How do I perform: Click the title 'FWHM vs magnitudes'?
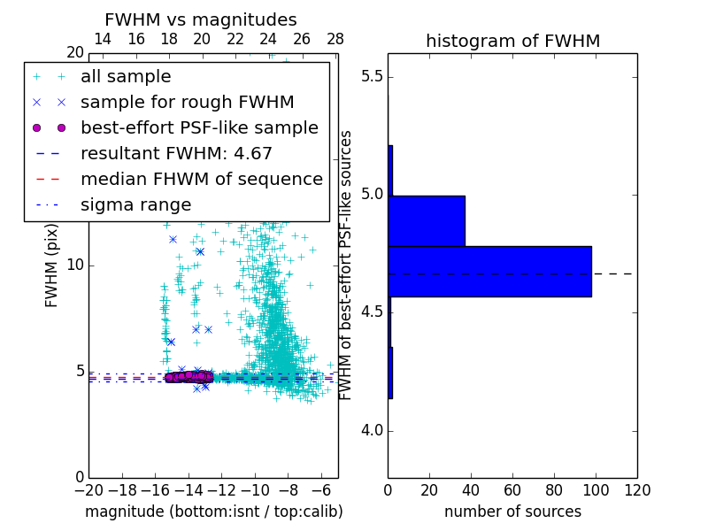tap(201, 19)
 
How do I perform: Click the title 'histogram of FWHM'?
tap(512, 41)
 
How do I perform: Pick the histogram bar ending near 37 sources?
tap(427, 220)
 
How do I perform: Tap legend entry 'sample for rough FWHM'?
tap(187, 102)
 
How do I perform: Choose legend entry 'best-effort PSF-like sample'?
tap(199, 127)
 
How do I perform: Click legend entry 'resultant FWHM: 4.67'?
tap(176, 153)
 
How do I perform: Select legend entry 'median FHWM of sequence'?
tap(201, 179)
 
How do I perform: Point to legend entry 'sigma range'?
tap(135, 204)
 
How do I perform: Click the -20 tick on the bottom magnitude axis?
tap(88, 490)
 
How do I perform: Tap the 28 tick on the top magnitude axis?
tap(335, 39)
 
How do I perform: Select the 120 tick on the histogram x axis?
tap(637, 490)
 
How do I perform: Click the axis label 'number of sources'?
tap(512, 512)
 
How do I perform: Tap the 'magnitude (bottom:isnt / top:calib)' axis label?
tap(213, 512)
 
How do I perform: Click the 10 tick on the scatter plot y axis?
tap(74, 265)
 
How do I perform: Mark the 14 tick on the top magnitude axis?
tap(103, 39)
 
